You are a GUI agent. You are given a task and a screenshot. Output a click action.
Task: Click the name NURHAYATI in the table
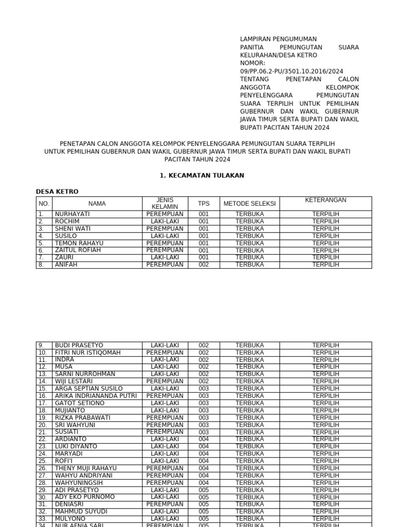73,214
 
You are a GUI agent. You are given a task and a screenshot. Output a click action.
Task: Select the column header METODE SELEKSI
249,203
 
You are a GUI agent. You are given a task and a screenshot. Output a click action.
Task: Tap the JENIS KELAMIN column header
165,203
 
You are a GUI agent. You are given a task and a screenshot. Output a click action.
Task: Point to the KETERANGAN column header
326,200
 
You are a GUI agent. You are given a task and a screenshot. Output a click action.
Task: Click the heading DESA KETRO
57,191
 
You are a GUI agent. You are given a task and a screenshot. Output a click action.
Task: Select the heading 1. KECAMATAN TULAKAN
202,175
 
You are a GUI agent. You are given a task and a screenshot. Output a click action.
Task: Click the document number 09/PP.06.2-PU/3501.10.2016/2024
292,71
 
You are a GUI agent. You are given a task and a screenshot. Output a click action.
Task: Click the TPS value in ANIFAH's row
204,265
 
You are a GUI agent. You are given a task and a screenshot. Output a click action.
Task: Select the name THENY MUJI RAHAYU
86,468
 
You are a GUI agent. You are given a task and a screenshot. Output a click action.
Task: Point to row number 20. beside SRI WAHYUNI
43,425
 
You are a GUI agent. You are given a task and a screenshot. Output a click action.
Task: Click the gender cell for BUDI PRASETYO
165,345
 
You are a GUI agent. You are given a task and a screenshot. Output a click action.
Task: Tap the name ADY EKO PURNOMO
85,497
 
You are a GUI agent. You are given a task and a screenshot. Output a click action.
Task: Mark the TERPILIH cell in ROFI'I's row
326,461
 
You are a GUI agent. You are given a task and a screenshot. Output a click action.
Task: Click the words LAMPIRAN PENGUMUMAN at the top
278,39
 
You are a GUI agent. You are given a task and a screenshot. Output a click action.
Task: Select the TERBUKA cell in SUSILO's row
249,236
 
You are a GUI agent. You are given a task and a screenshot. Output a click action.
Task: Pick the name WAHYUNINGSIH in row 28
79,483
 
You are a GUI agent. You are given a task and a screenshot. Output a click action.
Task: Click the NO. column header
44,203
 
